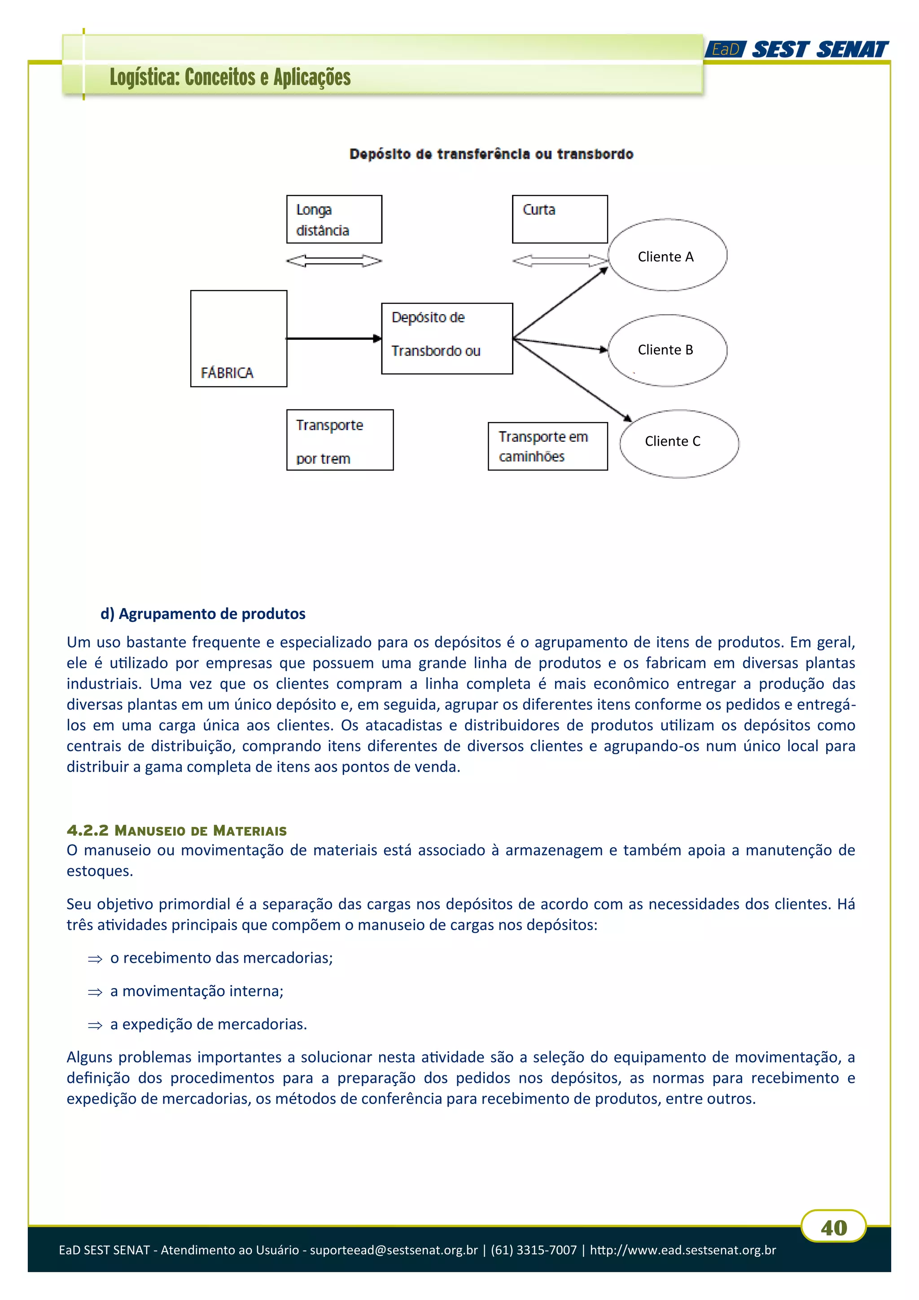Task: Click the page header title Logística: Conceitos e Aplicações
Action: click(230, 78)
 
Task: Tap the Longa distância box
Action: click(334, 220)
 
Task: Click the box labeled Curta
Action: click(560, 220)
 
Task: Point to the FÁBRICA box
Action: click(238, 338)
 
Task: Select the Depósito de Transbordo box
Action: click(446, 338)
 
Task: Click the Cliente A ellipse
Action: click(667, 255)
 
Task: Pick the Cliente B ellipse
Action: click(667, 350)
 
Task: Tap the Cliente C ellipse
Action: click(678, 444)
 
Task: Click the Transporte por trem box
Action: click(340, 440)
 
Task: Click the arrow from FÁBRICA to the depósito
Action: click(334, 338)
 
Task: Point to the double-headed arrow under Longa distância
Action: click(334, 260)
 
